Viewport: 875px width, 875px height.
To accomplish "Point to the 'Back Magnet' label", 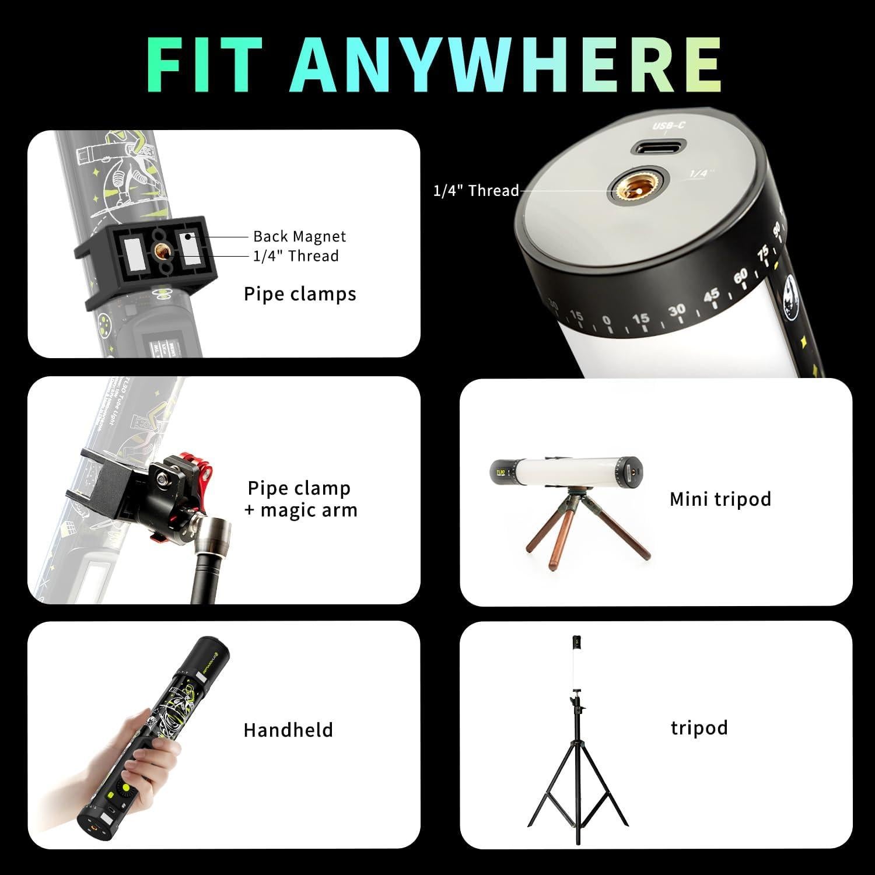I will click(x=299, y=236).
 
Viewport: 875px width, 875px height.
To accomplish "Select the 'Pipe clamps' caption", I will click(x=300, y=294).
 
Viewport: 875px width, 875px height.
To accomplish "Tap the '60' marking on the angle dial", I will click(x=740, y=276).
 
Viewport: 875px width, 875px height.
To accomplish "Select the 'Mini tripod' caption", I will click(x=720, y=499).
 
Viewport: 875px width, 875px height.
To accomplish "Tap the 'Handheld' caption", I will click(x=288, y=730).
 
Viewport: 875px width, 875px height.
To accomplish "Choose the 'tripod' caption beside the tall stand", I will click(x=699, y=727).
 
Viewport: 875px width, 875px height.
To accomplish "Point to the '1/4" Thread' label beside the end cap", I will click(x=475, y=191).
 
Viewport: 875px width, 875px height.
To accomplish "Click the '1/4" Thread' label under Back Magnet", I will click(x=295, y=256).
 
